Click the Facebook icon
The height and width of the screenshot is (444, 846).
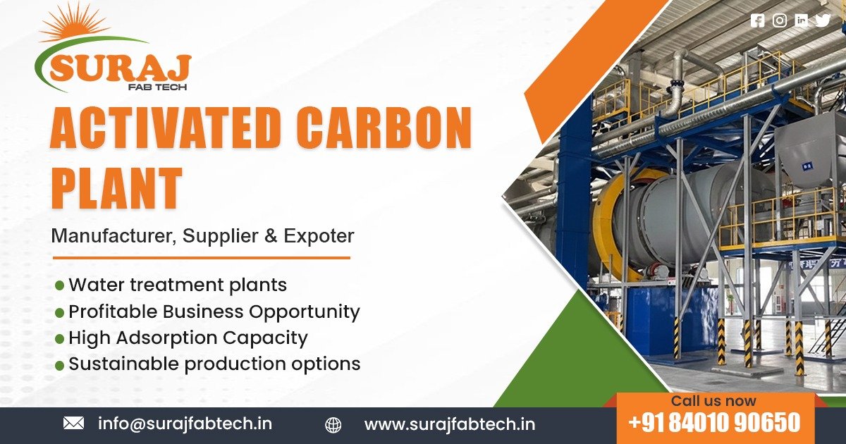757,20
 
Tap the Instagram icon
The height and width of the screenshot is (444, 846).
779,20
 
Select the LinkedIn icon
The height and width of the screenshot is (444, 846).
801,20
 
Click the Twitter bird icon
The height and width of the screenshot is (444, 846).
823,20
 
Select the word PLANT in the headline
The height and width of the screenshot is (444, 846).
116,187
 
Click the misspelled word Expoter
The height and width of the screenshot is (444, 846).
319,236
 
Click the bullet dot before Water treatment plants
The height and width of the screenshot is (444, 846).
59,285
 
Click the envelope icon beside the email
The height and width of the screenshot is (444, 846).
73,423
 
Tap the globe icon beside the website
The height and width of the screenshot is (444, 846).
333,424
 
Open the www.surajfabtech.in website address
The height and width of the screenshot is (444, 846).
449,424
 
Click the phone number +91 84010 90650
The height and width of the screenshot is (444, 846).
714,423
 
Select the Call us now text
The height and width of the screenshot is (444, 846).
713,401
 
